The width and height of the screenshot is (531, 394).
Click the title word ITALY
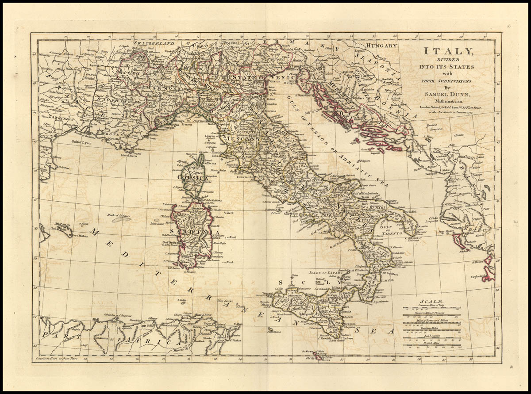pyautogui.click(x=447, y=51)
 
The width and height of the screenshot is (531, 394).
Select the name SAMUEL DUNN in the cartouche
pyautogui.click(x=447, y=94)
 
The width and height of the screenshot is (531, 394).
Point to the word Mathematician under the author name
pyautogui.click(x=447, y=101)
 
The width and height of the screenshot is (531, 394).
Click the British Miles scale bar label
pyautogui.click(x=431, y=344)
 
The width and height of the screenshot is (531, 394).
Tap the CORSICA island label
pyautogui.click(x=192, y=177)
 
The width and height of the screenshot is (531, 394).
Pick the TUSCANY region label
pyautogui.click(x=242, y=138)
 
